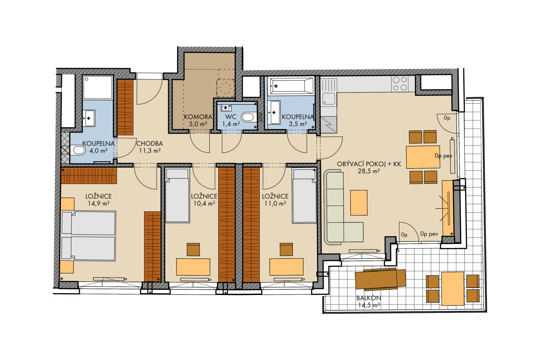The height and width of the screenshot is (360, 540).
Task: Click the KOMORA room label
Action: coord(198,117)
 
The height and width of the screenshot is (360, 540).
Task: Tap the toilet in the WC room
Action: coord(248,117)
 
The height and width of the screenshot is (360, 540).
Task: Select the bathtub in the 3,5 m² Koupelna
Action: coord(292,86)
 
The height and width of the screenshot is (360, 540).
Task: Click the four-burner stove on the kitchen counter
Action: coord(400,84)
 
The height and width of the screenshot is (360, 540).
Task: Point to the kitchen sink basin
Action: coord(329,99)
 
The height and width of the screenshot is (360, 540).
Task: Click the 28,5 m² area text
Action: coord(369,171)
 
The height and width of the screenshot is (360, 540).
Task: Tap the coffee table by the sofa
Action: coord(359,202)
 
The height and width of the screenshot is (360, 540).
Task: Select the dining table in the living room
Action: coord(423,157)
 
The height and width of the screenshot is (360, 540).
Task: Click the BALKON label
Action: coord(368,298)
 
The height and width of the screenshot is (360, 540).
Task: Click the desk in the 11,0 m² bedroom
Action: coord(287,267)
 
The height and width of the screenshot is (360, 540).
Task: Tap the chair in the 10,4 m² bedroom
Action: coord(193,249)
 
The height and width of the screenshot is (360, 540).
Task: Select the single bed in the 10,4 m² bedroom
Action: coord(177,195)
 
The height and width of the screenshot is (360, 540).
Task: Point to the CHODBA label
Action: coord(149,144)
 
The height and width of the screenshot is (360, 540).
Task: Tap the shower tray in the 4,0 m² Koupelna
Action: coord(98,87)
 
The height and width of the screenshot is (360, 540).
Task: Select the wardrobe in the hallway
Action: coord(126,107)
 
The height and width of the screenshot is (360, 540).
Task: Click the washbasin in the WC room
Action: coord(226,108)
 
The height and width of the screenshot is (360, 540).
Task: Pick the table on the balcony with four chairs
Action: coord(453,289)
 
